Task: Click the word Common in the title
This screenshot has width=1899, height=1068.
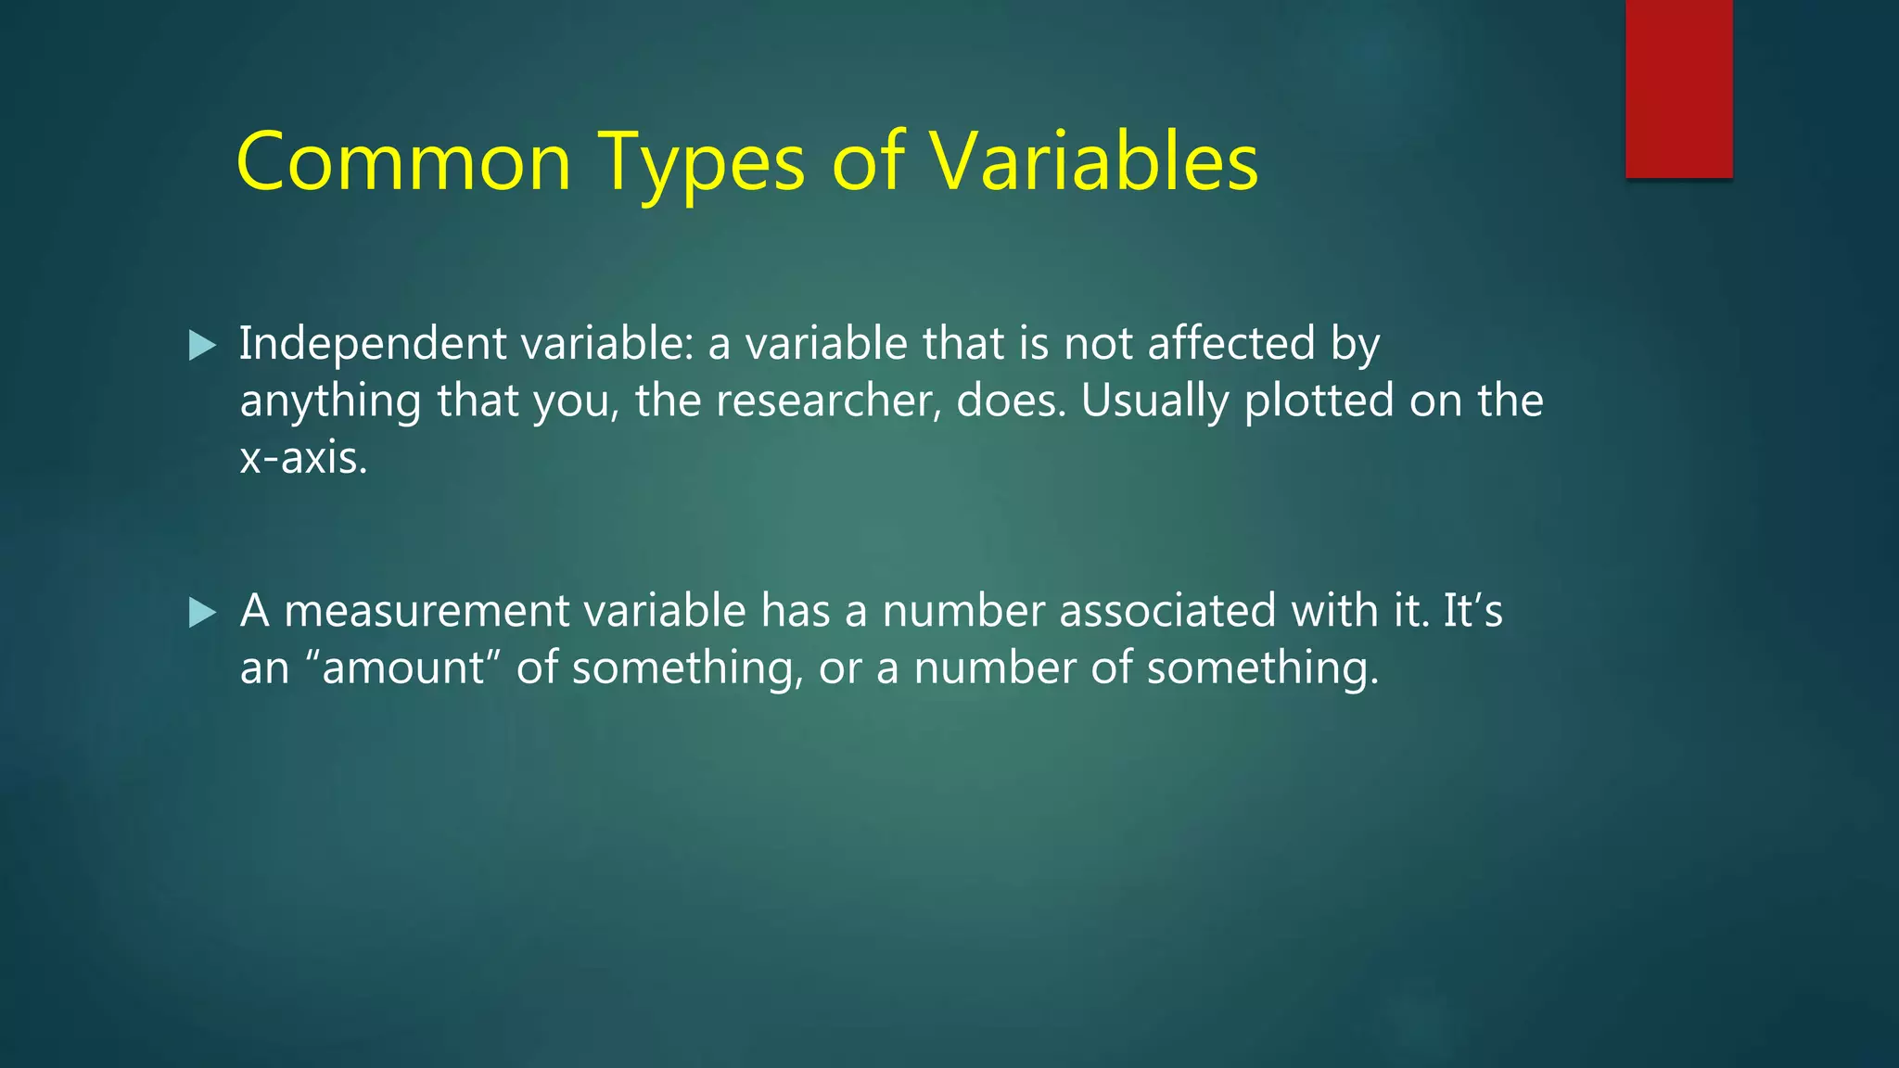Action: (403, 162)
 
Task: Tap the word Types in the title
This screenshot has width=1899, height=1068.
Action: (700, 164)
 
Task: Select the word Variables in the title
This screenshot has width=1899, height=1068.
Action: (1094, 162)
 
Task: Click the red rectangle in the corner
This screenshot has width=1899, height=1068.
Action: (1678, 88)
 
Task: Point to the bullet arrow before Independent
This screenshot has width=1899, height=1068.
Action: (202, 346)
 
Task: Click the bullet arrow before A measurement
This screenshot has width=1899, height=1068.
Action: (202, 613)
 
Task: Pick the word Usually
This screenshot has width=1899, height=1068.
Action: (1155, 401)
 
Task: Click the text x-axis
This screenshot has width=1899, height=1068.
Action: (303, 458)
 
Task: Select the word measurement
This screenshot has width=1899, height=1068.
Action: (427, 611)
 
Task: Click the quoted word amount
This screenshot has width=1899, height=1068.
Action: (403, 668)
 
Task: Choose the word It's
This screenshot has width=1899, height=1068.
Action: (1472, 611)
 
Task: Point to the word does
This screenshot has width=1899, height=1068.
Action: (1011, 401)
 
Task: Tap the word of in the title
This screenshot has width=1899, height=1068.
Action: (867, 162)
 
